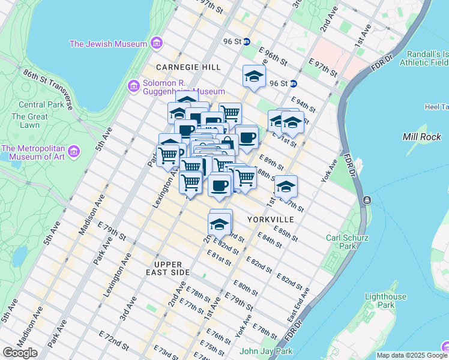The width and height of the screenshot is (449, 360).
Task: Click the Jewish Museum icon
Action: tap(157, 44)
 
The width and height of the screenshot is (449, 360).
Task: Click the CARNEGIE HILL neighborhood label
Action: tap(188, 67)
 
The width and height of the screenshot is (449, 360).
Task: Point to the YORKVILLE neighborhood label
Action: tap(270, 220)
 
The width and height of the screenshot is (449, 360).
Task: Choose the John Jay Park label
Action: tap(266, 351)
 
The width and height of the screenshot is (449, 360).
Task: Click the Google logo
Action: tap(20, 353)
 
